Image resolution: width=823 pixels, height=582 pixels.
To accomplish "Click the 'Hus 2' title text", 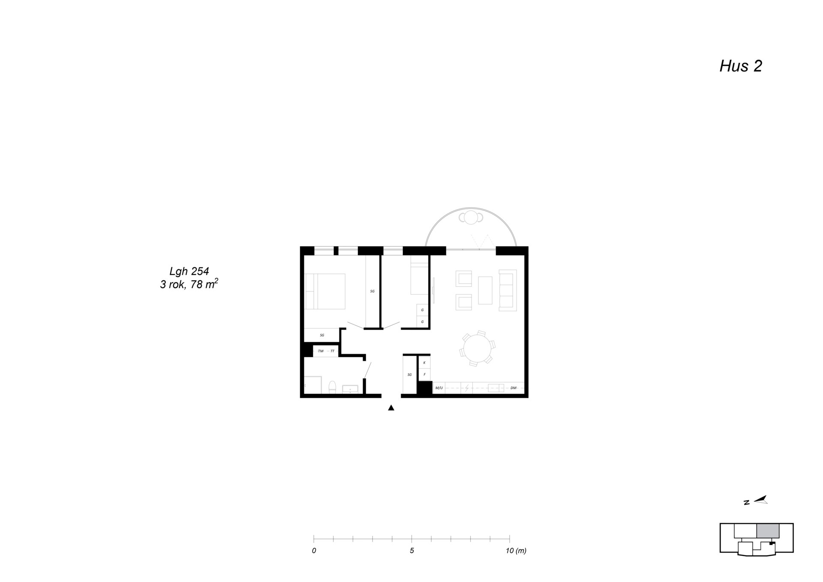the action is [x=741, y=66].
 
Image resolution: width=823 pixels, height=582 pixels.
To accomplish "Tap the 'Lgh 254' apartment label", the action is [x=189, y=271].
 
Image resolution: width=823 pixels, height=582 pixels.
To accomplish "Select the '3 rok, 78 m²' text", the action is [x=189, y=284].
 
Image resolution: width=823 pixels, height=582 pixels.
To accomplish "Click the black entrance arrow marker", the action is [x=391, y=408].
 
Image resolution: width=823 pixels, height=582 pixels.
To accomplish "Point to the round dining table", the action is [x=477, y=348].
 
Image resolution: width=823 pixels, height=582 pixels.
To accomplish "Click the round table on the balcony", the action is [x=471, y=217].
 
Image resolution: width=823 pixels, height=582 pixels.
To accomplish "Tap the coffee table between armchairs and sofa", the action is [x=485, y=290].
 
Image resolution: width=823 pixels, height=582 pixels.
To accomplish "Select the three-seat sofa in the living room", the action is [x=508, y=290].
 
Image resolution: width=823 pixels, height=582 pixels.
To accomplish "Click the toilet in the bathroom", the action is [x=332, y=387].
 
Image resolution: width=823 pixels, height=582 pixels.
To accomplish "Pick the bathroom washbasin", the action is [x=350, y=389].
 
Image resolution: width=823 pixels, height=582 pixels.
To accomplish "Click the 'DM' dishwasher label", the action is [x=514, y=388].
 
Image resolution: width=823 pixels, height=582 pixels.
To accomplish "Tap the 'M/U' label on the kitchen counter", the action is [x=439, y=388].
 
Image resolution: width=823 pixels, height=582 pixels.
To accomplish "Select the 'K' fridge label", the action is [x=424, y=363].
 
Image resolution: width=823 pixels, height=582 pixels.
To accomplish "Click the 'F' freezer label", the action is [x=424, y=374].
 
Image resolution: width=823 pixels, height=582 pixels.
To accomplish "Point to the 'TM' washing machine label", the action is [x=321, y=351].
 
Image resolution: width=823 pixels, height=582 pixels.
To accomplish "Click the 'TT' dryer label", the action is [x=332, y=351].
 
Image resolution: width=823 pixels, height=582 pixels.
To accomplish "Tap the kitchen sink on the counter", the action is [x=496, y=388].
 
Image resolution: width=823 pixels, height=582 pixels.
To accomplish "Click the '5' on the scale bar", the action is [x=412, y=551].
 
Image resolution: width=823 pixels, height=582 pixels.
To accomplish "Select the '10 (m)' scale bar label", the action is [x=516, y=551].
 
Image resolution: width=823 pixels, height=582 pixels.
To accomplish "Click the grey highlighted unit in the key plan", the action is [x=768, y=531].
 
